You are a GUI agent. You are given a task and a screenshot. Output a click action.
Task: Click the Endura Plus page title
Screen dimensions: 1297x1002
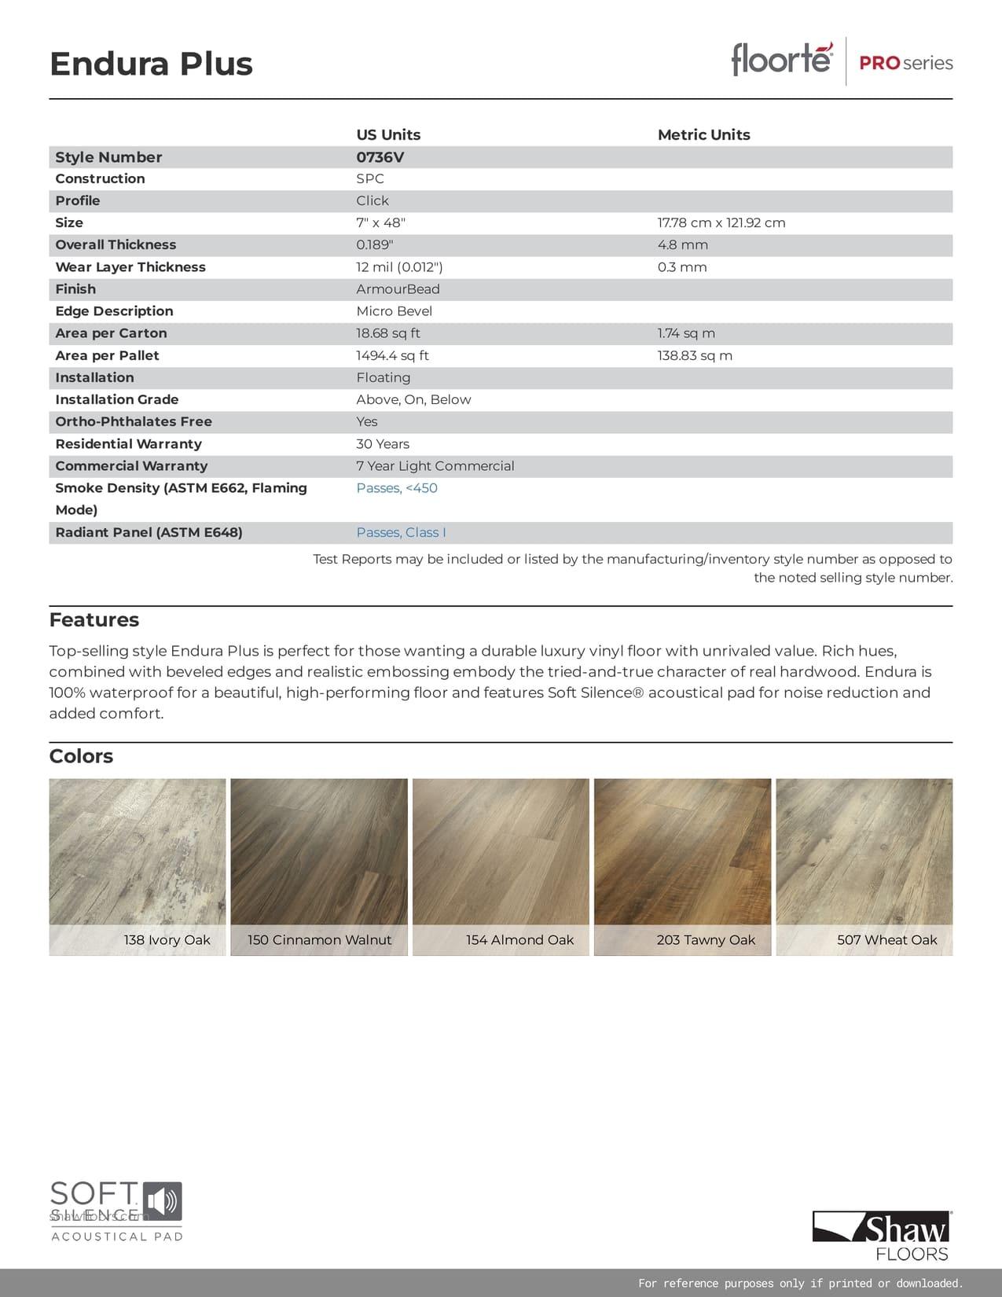[x=151, y=64]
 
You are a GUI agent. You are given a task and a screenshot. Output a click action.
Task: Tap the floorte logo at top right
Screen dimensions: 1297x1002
[x=781, y=60]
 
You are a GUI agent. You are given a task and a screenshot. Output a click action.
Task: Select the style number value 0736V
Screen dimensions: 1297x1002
[x=380, y=157]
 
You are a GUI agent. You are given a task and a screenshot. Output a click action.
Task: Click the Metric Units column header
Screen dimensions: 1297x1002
[x=703, y=134]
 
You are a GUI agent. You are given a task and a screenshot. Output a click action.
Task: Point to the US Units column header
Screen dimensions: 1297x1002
[x=388, y=134]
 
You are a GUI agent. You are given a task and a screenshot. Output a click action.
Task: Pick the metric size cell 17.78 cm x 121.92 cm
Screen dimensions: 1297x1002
[x=721, y=222]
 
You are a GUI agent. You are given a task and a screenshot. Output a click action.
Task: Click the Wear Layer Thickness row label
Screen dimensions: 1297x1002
[x=130, y=267]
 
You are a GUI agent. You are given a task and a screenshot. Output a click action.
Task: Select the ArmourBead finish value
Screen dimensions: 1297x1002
[x=398, y=289]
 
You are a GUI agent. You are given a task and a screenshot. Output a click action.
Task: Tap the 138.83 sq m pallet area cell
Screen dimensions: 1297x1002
[x=695, y=355]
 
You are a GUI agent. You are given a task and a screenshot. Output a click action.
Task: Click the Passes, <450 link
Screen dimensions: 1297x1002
[x=397, y=488]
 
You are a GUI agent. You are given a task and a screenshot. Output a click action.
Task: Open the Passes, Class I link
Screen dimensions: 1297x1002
[x=401, y=532]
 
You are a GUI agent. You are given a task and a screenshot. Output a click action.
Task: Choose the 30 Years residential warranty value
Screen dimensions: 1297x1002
[x=383, y=444]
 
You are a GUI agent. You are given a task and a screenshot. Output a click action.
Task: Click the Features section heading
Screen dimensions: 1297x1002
[x=94, y=619]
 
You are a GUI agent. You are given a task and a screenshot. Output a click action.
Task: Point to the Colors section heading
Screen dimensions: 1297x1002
[x=81, y=756]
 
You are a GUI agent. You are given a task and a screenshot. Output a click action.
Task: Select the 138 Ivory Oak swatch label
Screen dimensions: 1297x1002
[x=167, y=940]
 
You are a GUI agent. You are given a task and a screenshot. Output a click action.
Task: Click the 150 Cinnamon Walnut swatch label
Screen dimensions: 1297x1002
[x=319, y=940]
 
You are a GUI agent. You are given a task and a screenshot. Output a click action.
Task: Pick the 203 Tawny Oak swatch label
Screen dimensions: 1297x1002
[x=706, y=940]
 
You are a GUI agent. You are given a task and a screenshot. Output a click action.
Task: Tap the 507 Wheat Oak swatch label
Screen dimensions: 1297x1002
[x=886, y=940]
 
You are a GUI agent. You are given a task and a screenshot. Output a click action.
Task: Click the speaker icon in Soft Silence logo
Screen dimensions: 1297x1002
[x=163, y=1202]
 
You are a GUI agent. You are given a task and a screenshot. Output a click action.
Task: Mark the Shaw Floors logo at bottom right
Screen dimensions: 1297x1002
[x=882, y=1236]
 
